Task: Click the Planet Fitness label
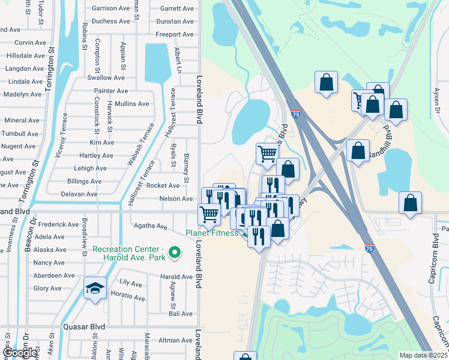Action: point(211,233)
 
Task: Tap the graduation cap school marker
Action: point(95,289)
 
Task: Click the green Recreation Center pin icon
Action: point(175,253)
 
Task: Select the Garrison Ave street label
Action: point(110,8)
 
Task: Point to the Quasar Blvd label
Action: point(84,327)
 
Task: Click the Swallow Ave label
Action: point(106,78)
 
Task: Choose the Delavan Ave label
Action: point(79,194)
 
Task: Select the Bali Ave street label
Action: point(180,314)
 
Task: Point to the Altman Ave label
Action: point(175,340)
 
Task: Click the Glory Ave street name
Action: point(47,289)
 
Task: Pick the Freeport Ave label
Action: point(175,35)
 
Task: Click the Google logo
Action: point(19,353)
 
